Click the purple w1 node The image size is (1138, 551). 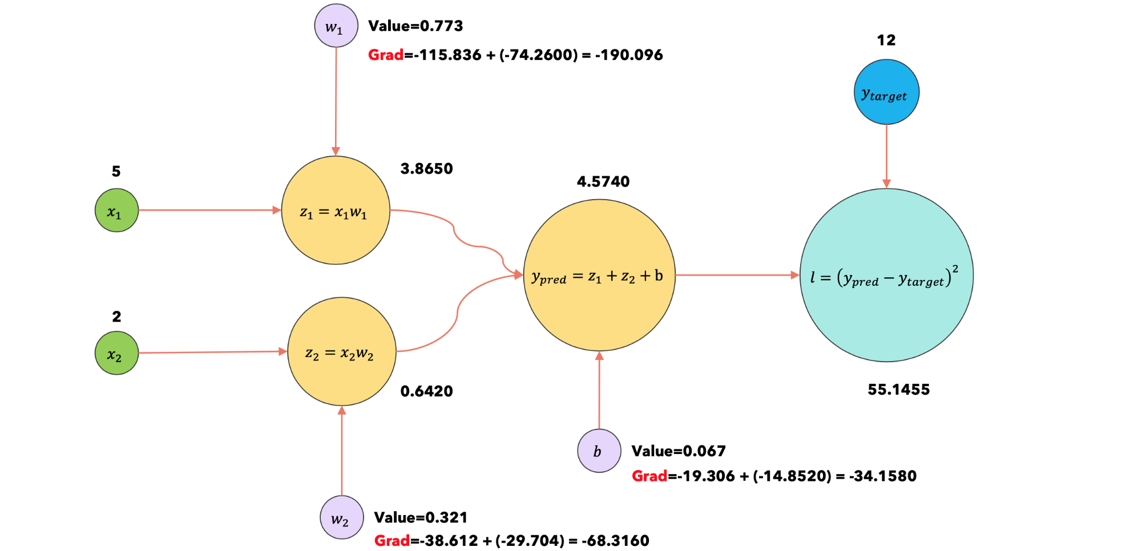pyautogui.click(x=336, y=26)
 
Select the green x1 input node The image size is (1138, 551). pyautogui.click(x=116, y=210)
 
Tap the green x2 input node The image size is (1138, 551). pyautogui.click(x=116, y=353)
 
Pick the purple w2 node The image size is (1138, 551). pyautogui.click(x=342, y=517)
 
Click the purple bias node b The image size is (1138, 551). pyautogui.click(x=599, y=451)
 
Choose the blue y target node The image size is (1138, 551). pyautogui.click(x=886, y=92)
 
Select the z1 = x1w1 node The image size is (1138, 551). pyautogui.click(x=336, y=210)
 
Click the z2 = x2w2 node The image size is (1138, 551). pyautogui.click(x=341, y=351)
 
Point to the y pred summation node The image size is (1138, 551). pyautogui.click(x=599, y=275)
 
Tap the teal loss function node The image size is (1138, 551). pyautogui.click(x=886, y=275)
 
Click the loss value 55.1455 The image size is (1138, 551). pyautogui.click(x=898, y=390)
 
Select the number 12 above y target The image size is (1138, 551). pyautogui.click(x=886, y=40)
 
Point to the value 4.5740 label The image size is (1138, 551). pyautogui.click(x=603, y=182)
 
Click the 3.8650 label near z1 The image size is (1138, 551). pyautogui.click(x=426, y=169)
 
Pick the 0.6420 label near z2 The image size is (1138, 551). pyautogui.click(x=426, y=391)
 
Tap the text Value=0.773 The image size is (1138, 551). pyautogui.click(x=415, y=26)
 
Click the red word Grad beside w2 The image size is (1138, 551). pyautogui.click(x=392, y=541)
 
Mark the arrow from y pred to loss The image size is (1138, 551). pyautogui.click(x=737, y=275)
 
